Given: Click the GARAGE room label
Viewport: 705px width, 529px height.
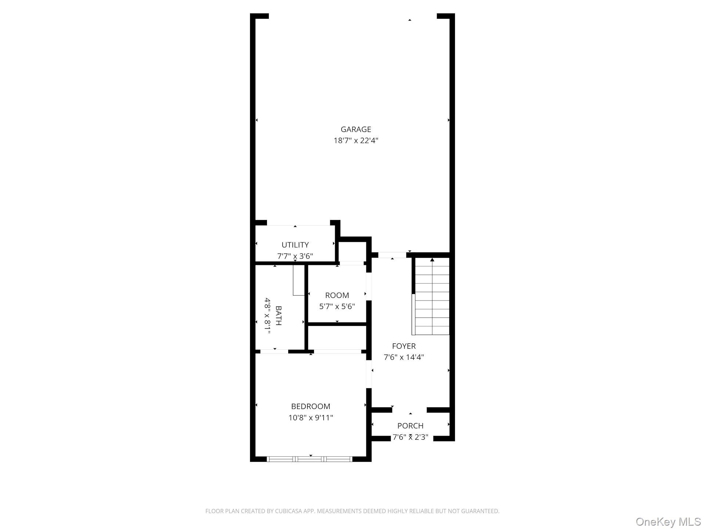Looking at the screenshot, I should click(x=355, y=129).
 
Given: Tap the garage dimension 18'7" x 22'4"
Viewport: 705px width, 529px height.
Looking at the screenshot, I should click(x=355, y=140).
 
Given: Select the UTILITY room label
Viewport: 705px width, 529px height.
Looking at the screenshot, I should click(x=295, y=245).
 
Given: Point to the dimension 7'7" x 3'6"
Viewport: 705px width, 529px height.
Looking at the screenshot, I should click(x=295, y=256).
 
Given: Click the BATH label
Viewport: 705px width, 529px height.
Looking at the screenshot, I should click(x=278, y=316).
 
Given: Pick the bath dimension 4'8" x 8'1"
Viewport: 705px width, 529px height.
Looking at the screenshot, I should click(x=268, y=316).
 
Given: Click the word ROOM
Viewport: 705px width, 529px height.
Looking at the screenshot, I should click(x=337, y=295).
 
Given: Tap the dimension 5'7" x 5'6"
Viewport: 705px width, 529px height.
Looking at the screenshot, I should click(x=337, y=306).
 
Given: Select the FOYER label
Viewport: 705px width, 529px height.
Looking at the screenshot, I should click(x=404, y=346).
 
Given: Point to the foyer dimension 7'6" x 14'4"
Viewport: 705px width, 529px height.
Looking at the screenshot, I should click(x=404, y=357).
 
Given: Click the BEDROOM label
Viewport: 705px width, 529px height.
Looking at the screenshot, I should click(x=310, y=406).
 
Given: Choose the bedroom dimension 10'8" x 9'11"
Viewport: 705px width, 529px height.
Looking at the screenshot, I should click(x=310, y=418).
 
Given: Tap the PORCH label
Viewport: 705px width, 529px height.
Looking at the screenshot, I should click(x=410, y=426).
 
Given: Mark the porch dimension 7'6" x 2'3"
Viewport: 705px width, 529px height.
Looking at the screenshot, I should click(x=410, y=437).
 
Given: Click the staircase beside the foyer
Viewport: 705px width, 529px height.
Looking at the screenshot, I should click(x=432, y=298).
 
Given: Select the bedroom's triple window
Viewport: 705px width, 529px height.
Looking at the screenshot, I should click(x=309, y=459).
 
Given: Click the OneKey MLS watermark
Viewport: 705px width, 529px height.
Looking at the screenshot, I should click(x=668, y=521).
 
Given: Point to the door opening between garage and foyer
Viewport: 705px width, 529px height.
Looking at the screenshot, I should click(x=392, y=255).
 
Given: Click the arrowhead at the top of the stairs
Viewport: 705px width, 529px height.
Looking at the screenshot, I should click(x=432, y=260).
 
